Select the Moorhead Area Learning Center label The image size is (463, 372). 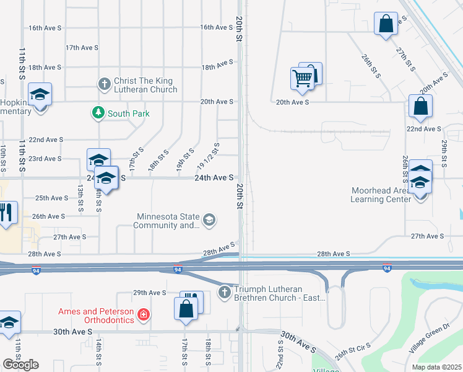pos(381,195)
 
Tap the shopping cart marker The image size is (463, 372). pos(302,79)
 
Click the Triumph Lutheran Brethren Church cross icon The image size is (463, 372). pos(226,291)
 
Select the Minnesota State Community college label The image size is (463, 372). pos(168,221)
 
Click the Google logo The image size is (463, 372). pos(20,365)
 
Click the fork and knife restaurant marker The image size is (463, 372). pos(7,213)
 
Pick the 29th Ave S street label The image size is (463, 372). pos(150,293)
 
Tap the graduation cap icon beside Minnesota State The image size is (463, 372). pos(209,219)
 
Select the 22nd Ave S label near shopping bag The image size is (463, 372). pos(423,129)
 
